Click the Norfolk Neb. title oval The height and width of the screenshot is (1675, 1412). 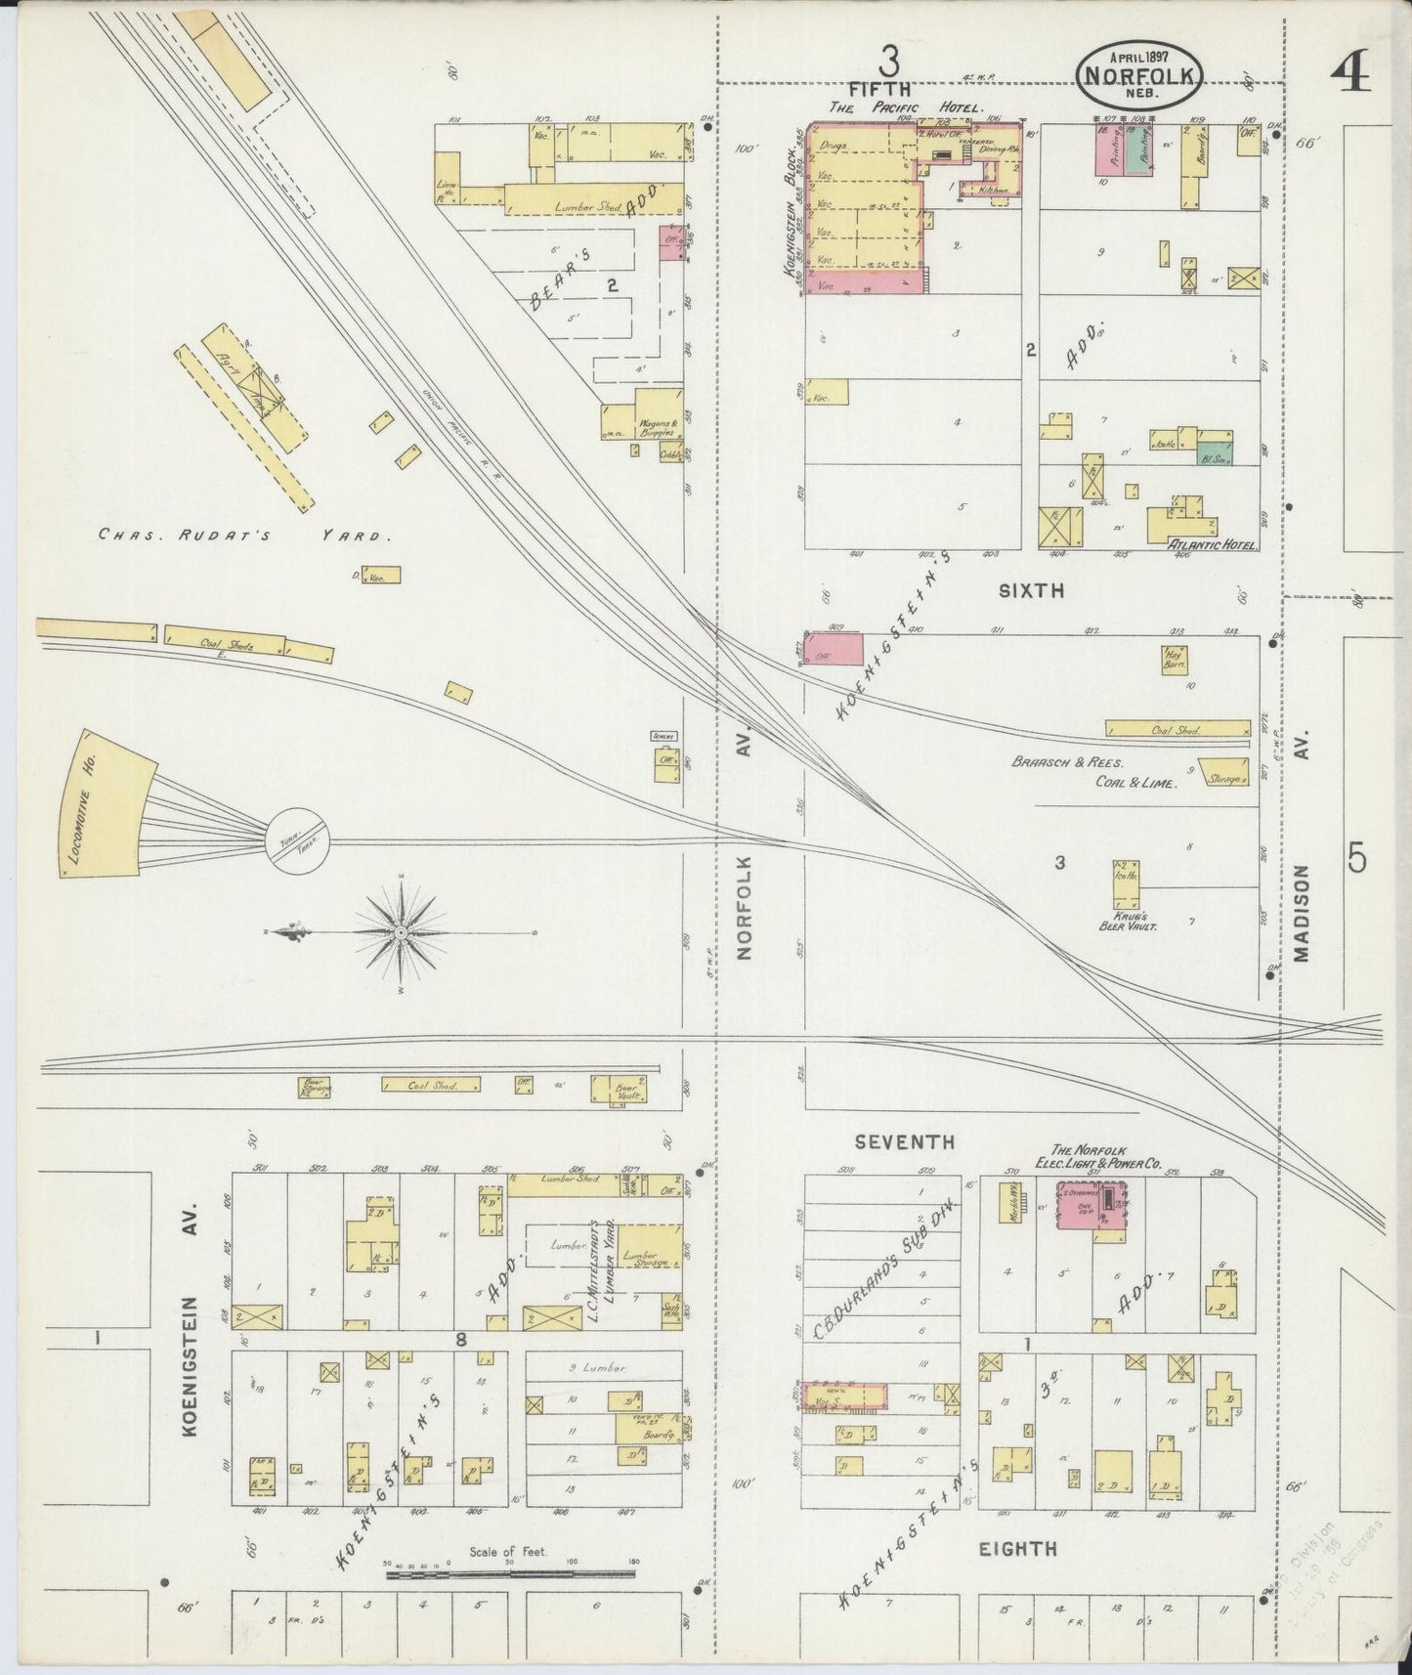click(x=1139, y=71)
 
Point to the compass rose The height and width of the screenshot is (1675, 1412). click(x=401, y=934)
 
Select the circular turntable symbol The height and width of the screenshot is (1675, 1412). click(x=297, y=840)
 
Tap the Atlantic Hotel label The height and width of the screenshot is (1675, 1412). click(x=1213, y=547)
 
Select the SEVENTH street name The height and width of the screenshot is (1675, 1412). click(x=903, y=1141)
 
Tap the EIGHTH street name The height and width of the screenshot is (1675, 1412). click(x=1017, y=1548)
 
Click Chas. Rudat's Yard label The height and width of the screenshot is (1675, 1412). click(x=245, y=536)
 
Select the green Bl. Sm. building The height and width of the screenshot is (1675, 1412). click(x=1215, y=450)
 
